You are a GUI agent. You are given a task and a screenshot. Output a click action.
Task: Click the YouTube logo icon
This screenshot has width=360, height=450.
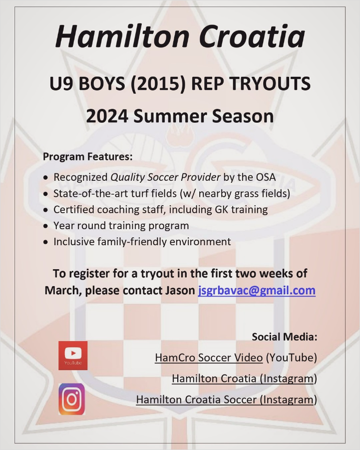click(x=73, y=355)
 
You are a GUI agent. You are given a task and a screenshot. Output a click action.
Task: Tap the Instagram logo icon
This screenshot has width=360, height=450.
click(x=72, y=399)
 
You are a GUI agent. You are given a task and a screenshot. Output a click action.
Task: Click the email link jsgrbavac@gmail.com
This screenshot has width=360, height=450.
click(x=257, y=291)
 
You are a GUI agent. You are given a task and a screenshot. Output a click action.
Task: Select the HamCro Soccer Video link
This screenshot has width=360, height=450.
click(x=209, y=358)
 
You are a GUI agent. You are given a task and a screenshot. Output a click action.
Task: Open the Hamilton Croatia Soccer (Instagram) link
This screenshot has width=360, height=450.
click(x=227, y=400)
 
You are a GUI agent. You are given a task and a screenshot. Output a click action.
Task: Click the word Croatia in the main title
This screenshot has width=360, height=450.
click(x=252, y=36)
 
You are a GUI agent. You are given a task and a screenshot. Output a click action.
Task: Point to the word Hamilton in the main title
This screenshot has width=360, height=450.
click(x=122, y=36)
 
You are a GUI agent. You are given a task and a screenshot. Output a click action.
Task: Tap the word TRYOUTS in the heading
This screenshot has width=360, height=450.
click(x=270, y=83)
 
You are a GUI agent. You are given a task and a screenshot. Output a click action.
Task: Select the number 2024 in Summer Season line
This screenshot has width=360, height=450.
click(x=107, y=116)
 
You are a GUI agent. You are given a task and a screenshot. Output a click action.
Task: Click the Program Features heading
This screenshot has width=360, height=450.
click(x=88, y=157)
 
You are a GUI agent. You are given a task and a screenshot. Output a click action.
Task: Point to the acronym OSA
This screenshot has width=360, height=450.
click(x=266, y=177)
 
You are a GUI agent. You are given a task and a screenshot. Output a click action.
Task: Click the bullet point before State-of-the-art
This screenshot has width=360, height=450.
click(x=45, y=194)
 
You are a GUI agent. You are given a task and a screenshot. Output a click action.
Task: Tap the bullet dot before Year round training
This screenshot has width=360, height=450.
click(x=45, y=226)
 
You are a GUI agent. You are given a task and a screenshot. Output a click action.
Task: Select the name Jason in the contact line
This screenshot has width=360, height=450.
click(x=180, y=291)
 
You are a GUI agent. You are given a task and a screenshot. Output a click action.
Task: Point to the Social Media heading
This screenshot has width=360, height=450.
click(x=285, y=337)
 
